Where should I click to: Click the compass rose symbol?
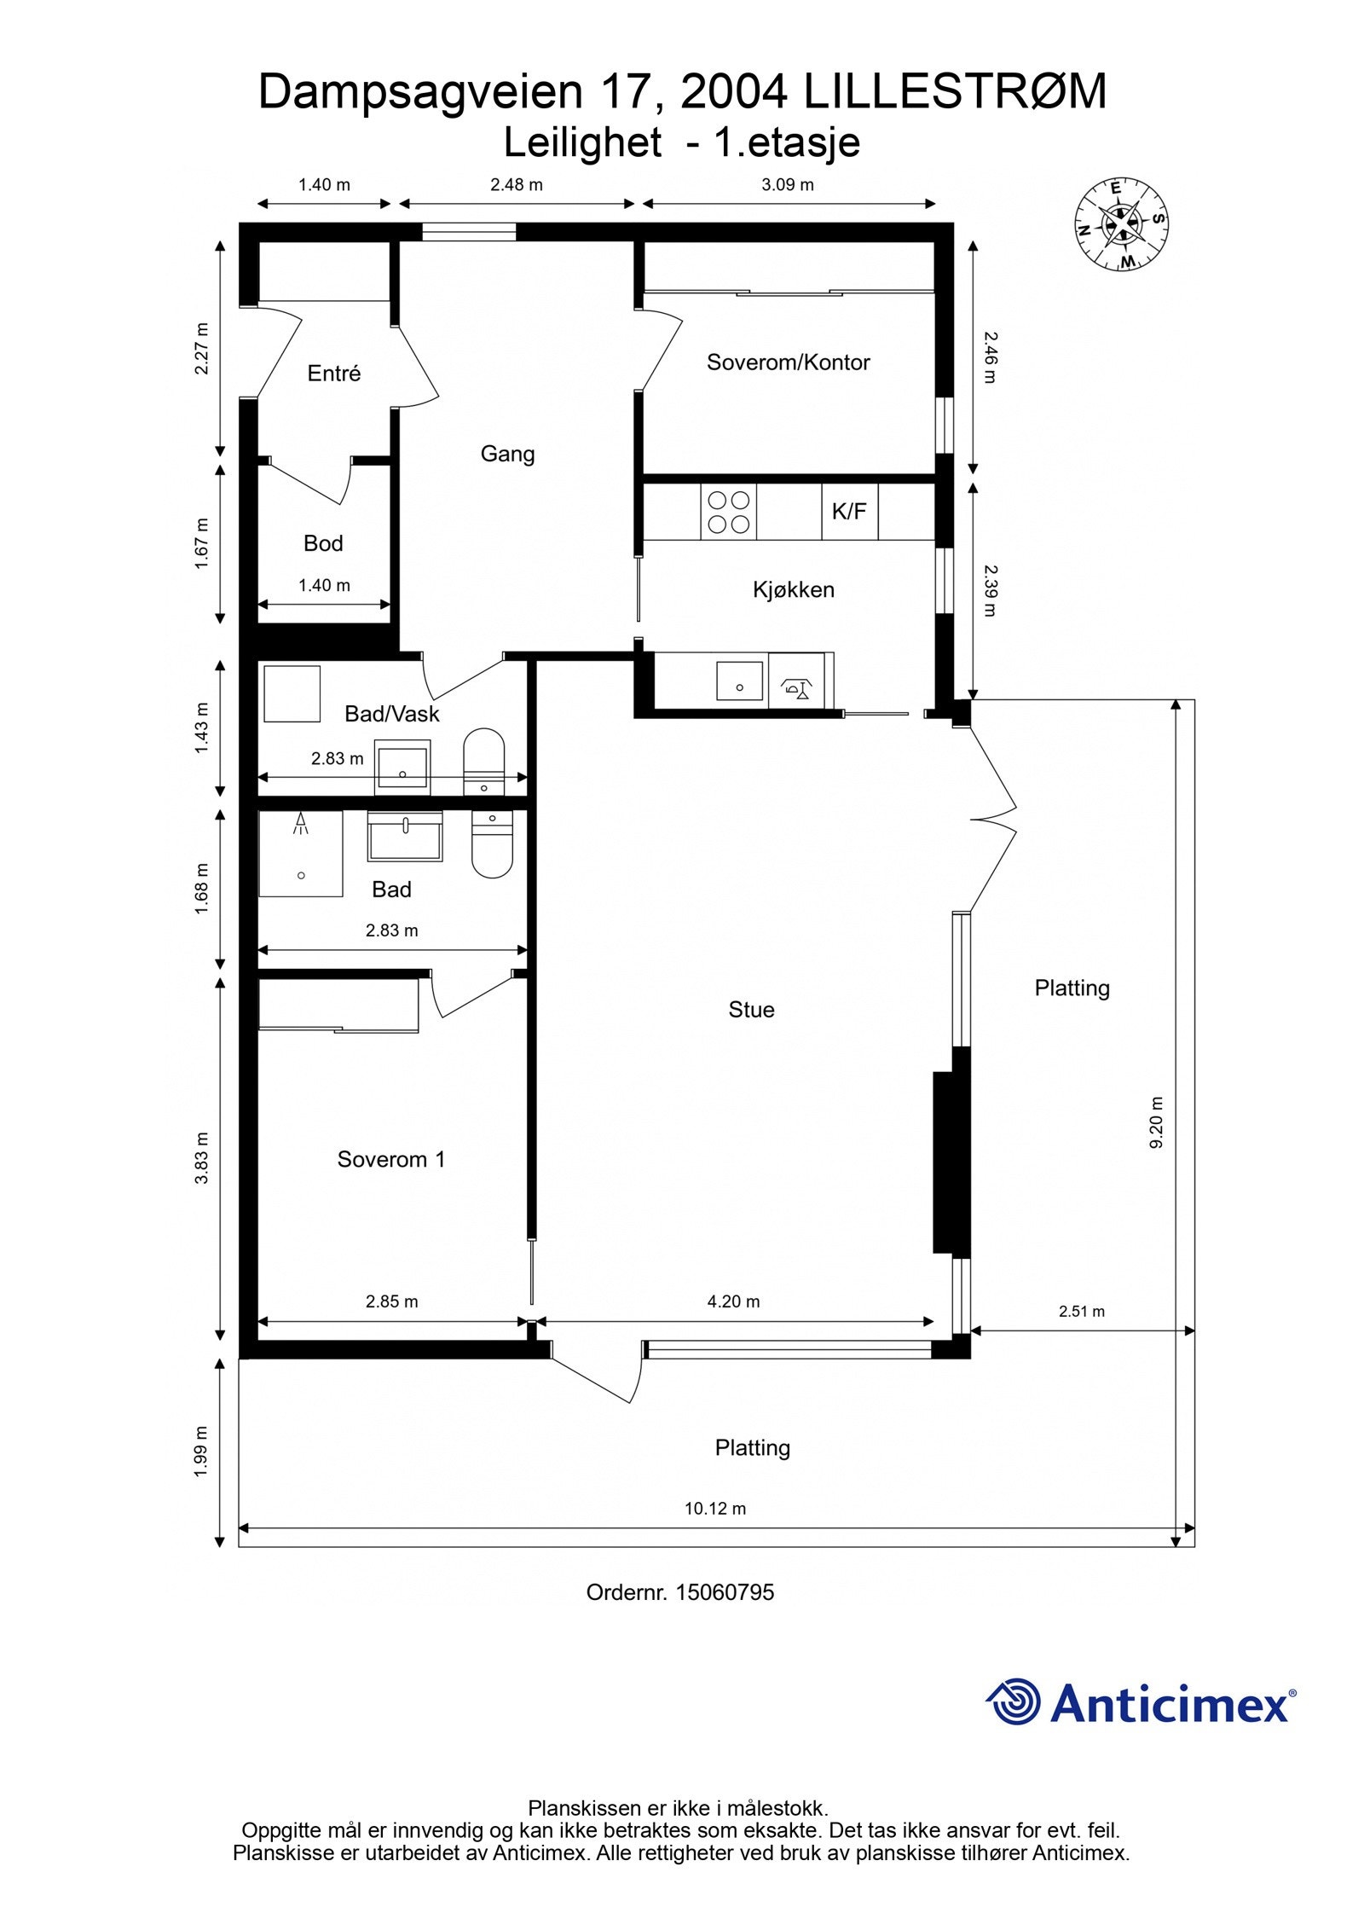[1120, 224]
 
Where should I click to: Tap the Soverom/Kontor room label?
[788, 362]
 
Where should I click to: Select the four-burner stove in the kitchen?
[728, 512]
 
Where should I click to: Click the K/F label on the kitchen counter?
[848, 512]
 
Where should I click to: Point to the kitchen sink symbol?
[739, 681]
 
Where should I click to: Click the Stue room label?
[751, 1010]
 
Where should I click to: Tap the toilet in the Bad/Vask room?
[484, 762]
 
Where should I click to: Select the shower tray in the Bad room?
[300, 854]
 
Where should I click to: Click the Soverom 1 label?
[391, 1159]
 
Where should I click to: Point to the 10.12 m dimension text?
[714, 1508]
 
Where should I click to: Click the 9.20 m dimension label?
[1157, 1122]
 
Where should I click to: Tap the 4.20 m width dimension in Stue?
[733, 1301]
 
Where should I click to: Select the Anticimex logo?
[1141, 1703]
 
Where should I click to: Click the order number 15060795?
[725, 1592]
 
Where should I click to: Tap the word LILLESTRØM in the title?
[955, 92]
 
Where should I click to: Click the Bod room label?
[323, 543]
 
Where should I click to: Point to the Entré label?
[334, 374]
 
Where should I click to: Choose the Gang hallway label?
[507, 454]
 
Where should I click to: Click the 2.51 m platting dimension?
[1081, 1312]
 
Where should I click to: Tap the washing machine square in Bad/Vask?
[292, 693]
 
